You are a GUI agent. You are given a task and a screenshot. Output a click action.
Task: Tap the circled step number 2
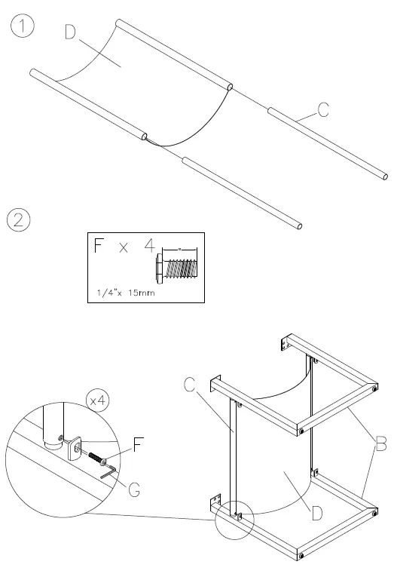tap(19, 220)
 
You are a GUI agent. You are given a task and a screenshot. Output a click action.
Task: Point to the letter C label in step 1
tap(322, 110)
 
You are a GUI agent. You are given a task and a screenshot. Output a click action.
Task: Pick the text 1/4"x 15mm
tap(124, 292)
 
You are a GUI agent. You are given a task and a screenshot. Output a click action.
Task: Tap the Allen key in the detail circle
tap(108, 471)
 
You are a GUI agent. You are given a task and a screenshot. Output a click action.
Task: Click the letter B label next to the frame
tap(380, 445)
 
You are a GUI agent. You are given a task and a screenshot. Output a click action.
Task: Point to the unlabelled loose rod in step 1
tap(243, 192)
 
